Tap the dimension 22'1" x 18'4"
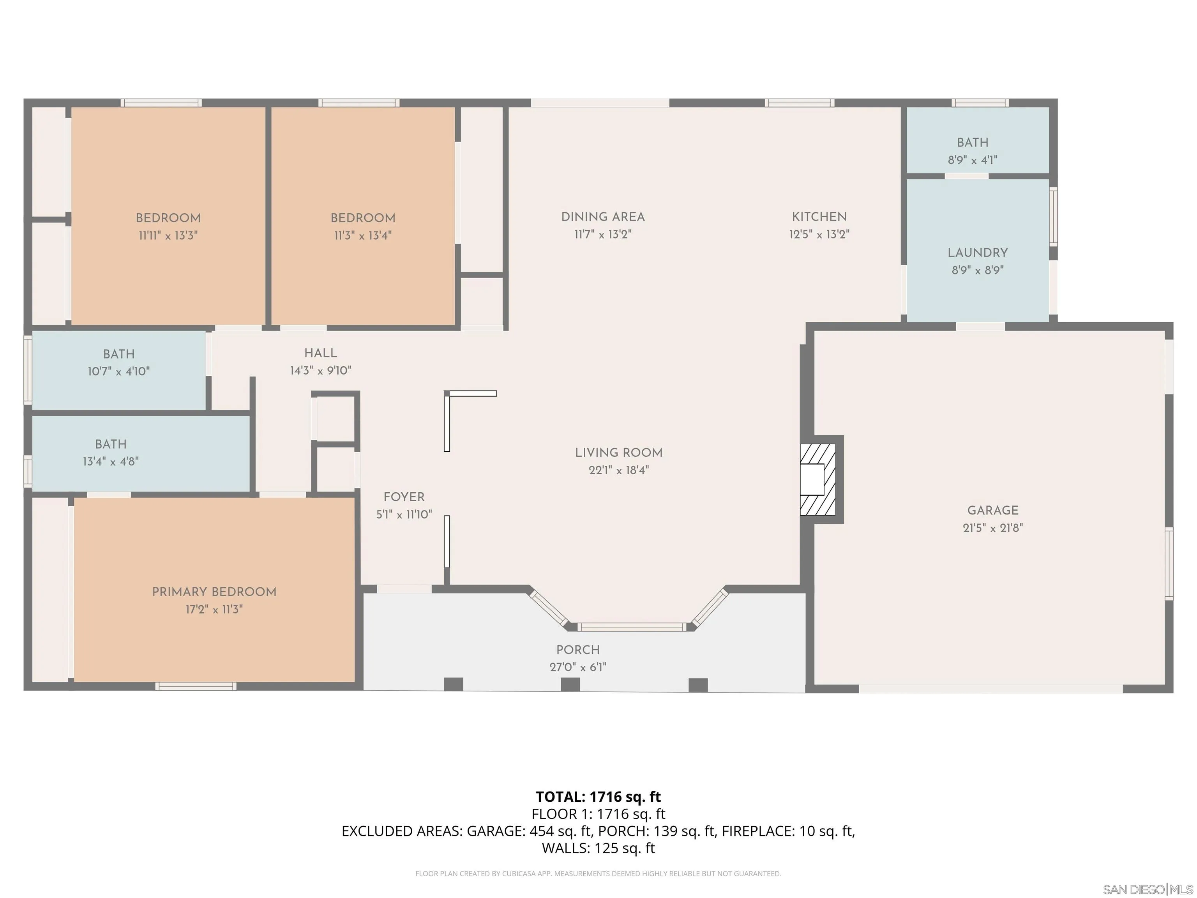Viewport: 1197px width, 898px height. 618,470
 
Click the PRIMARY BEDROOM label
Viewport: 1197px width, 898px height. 214,592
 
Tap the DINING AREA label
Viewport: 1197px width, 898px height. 602,217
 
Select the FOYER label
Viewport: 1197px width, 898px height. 404,497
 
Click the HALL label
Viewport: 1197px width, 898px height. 320,353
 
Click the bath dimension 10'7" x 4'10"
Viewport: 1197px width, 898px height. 118,371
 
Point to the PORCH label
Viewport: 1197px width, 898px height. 577,650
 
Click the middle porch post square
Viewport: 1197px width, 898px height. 570,684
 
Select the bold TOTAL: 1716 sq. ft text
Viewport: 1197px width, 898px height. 598,797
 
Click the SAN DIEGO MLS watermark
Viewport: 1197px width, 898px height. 1147,889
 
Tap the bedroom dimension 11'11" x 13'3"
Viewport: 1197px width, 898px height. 168,235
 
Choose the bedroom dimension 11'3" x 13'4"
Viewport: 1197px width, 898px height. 362,235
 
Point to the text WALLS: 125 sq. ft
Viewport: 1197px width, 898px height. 598,848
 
